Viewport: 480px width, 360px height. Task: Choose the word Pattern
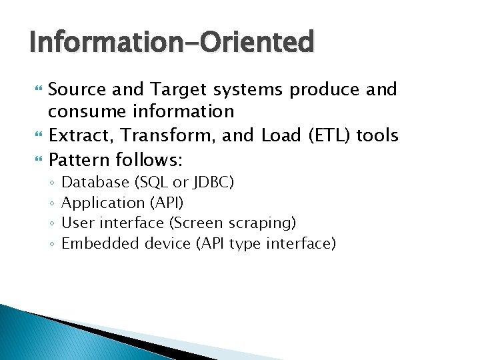[x=80, y=159]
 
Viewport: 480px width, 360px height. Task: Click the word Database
[x=95, y=182]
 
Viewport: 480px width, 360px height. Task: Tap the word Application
[x=103, y=203]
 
